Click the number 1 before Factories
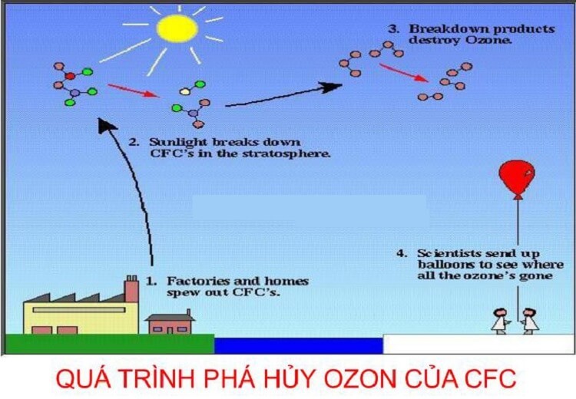click(151, 281)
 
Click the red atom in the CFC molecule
click(69, 76)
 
